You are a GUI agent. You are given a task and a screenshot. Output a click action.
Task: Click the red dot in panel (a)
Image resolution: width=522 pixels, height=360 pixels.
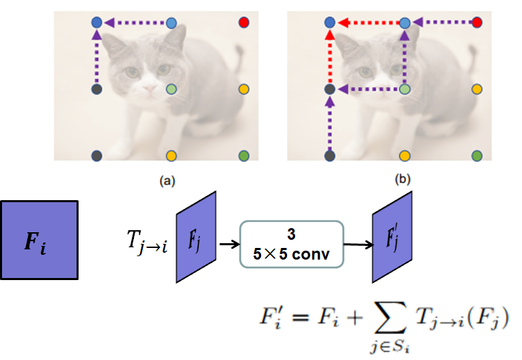(x=244, y=23)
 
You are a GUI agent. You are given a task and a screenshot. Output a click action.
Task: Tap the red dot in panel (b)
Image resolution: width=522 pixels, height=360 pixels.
(x=477, y=23)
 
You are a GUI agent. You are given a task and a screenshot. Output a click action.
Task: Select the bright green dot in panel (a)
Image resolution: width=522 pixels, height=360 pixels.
(x=244, y=156)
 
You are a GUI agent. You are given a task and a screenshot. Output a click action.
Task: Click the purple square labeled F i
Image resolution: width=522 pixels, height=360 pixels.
(x=40, y=240)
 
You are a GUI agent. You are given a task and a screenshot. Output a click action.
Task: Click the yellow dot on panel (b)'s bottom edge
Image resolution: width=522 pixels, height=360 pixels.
(x=404, y=156)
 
